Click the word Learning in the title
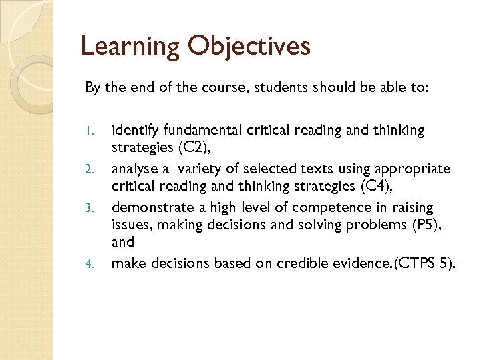pyautogui.click(x=130, y=47)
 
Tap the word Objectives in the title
pyautogui.click(x=249, y=47)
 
